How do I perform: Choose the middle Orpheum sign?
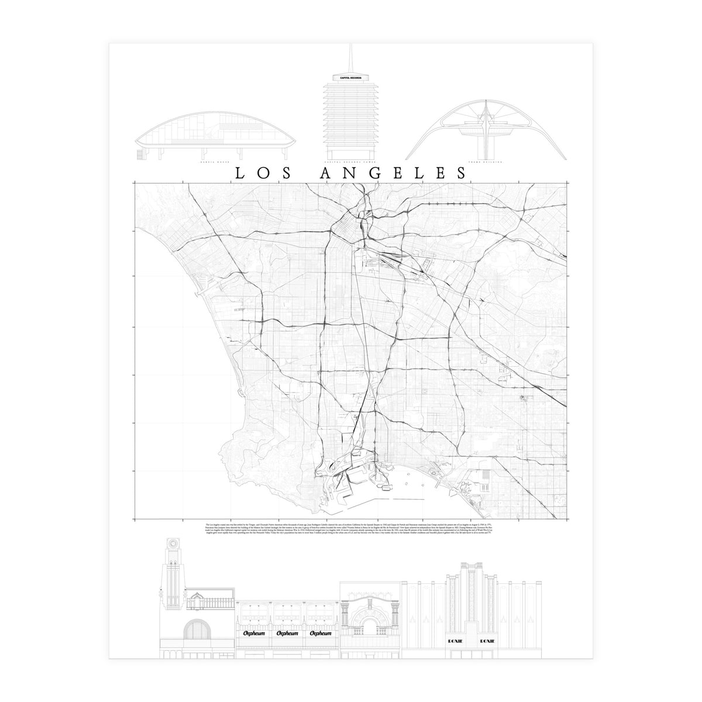pyautogui.click(x=287, y=617)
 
